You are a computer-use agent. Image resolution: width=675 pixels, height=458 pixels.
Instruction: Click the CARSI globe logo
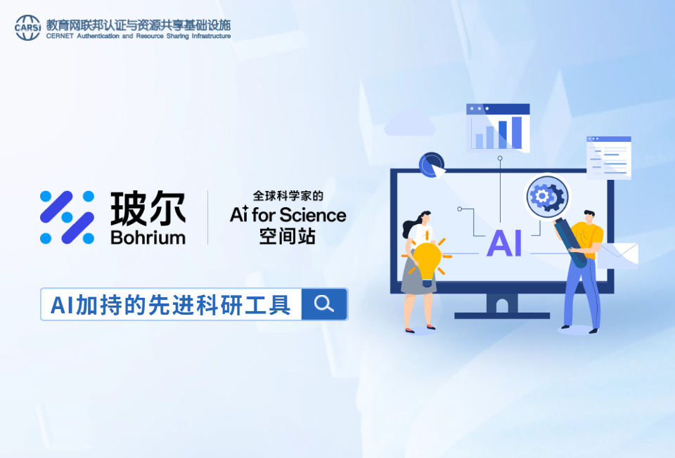[x=28, y=27]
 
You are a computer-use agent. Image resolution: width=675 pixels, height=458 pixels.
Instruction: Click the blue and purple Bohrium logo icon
[x=67, y=218]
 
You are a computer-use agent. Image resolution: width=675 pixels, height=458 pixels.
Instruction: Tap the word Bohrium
[x=148, y=237]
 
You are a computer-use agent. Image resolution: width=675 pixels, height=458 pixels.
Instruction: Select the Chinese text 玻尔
[x=148, y=209]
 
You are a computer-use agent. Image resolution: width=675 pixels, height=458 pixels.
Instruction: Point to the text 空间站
[x=288, y=236]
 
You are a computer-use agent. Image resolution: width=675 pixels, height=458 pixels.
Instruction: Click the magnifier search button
[x=325, y=304]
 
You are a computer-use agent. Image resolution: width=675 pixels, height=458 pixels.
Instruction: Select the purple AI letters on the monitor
[x=504, y=243]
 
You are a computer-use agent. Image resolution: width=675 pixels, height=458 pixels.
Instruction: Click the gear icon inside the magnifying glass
[x=547, y=197]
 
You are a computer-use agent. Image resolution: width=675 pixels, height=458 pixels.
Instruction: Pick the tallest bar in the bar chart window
[x=517, y=133]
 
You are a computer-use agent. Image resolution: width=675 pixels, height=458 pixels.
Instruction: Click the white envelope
[x=618, y=256]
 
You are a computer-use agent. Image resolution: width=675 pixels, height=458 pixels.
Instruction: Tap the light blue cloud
[x=409, y=124]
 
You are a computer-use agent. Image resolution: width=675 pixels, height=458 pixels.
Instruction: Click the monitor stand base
[x=502, y=315]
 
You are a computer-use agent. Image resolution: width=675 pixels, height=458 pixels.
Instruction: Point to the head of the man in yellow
[x=589, y=217]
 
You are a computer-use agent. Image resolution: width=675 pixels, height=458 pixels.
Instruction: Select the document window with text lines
[x=609, y=158]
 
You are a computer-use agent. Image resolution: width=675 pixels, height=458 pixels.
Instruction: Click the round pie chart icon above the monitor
[x=431, y=164]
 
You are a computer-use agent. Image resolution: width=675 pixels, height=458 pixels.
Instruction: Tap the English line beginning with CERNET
[x=139, y=36]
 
